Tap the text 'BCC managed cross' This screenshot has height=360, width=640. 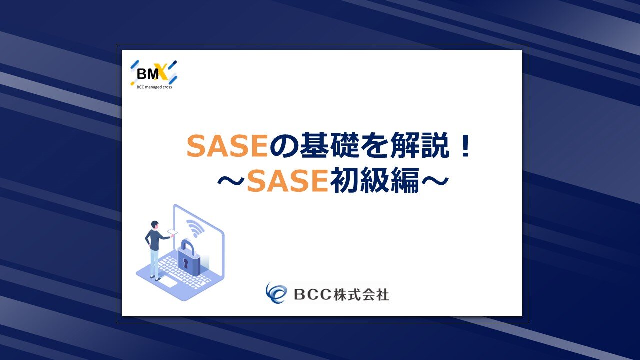[154, 87]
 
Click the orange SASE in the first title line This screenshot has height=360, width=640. [227, 146]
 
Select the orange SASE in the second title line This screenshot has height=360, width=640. [287, 181]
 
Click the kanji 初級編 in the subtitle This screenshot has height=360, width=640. [375, 180]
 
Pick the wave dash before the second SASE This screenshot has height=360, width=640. [231, 181]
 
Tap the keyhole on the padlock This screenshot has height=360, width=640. [186, 263]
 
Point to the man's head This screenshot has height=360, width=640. [155, 225]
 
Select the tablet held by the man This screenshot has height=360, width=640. [172, 232]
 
